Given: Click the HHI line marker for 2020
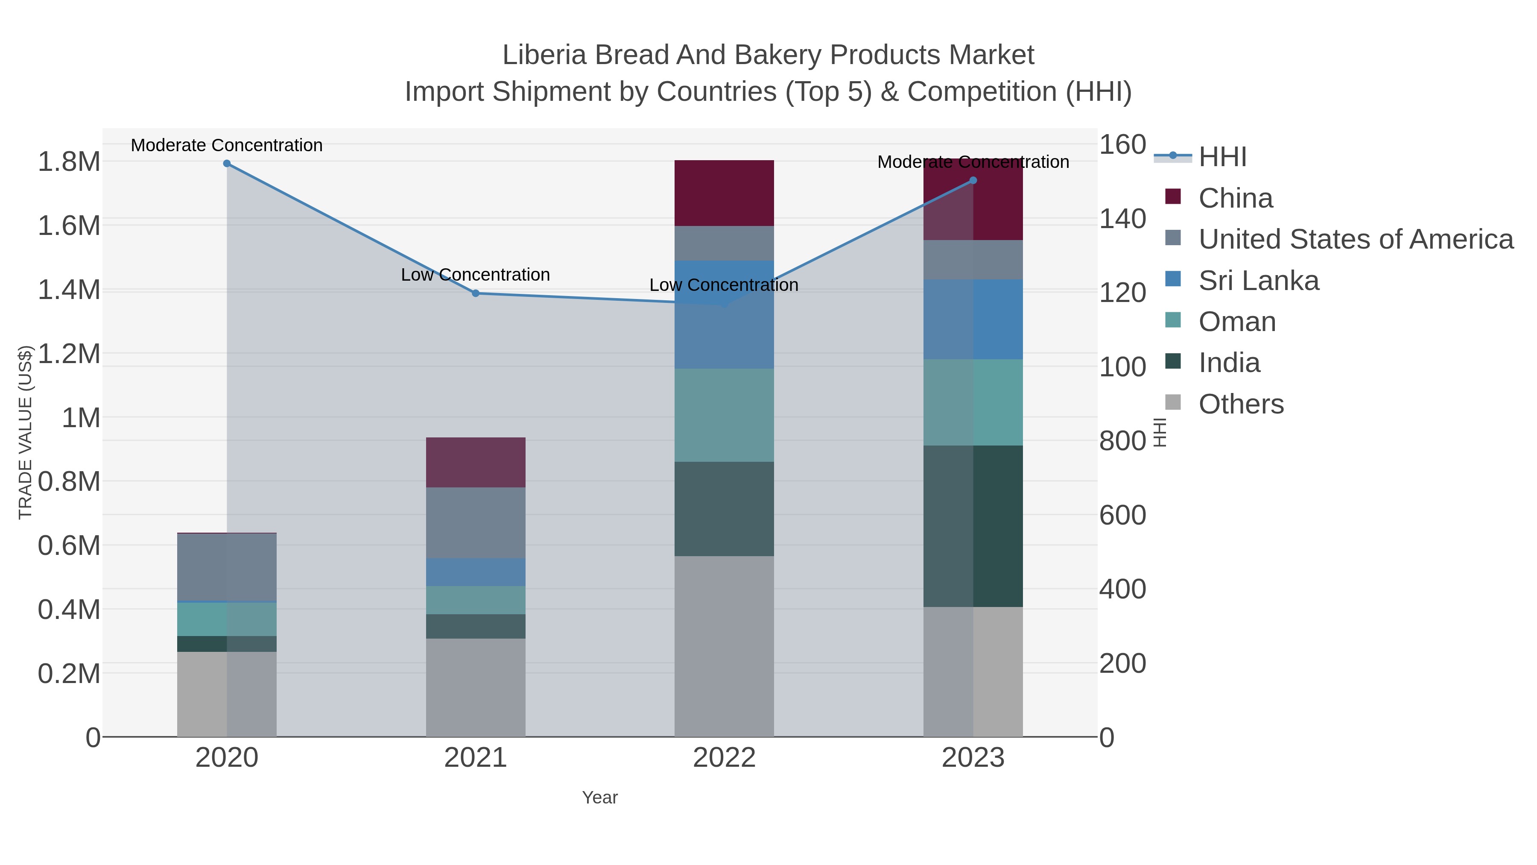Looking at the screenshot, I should (x=227, y=164).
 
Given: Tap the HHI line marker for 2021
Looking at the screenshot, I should (x=476, y=293).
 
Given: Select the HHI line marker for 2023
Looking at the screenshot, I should (x=973, y=180).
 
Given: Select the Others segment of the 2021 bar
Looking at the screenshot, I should (x=476, y=687).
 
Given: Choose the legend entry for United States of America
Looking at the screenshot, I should (x=1355, y=239).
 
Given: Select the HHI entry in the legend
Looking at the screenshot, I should (x=1222, y=157).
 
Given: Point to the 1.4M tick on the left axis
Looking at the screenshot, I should (x=69, y=290).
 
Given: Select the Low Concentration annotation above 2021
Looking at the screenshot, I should (x=476, y=275).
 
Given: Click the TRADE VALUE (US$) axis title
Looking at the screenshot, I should (x=25, y=432).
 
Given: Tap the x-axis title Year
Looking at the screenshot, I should (x=600, y=798).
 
